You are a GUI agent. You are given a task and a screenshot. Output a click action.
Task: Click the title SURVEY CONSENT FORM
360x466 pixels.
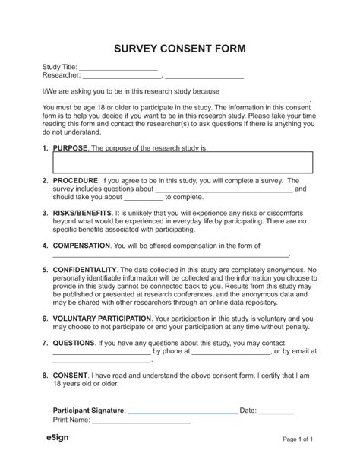180,49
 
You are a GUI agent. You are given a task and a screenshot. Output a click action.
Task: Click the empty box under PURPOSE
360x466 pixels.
182,162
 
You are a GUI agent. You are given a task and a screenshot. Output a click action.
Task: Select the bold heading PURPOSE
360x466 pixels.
71,147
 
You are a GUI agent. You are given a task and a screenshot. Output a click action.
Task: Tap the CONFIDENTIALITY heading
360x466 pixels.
84,270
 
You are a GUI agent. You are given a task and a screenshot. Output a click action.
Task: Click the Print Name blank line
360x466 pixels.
152,422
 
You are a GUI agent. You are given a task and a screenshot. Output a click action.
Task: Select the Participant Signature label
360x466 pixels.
84,411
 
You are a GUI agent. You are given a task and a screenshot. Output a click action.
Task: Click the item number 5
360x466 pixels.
45,270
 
